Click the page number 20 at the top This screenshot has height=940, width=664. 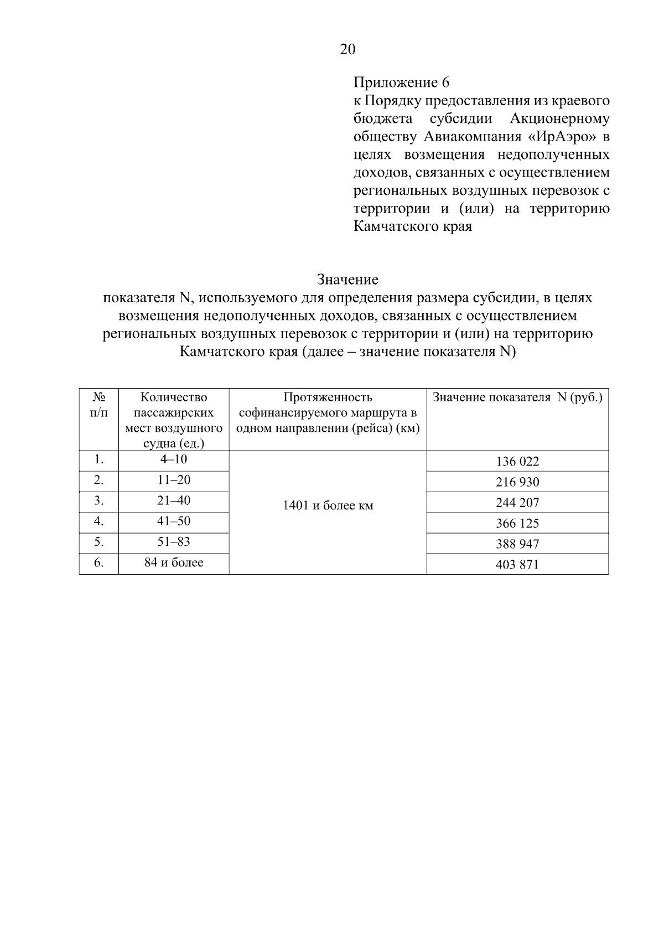tap(347, 50)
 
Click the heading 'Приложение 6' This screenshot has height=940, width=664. tap(401, 83)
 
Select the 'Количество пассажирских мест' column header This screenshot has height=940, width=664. tap(174, 420)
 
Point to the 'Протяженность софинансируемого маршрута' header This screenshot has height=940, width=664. tap(328, 413)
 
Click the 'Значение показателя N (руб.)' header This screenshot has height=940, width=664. tap(517, 397)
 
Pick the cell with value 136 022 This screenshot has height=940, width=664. tap(517, 462)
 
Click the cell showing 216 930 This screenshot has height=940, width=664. tap(517, 482)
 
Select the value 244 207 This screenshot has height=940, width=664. tap(517, 503)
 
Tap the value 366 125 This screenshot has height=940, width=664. tap(517, 524)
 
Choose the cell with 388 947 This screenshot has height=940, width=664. tap(517, 544)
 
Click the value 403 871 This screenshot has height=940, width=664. tap(517, 565)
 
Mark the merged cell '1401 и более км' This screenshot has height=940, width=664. tap(328, 506)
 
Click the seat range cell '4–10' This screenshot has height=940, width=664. tap(174, 459)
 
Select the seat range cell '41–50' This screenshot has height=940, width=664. tap(174, 521)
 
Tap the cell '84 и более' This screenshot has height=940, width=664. tap(174, 563)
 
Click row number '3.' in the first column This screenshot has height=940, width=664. tap(98, 501)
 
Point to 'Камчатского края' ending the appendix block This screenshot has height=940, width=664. tap(412, 226)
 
